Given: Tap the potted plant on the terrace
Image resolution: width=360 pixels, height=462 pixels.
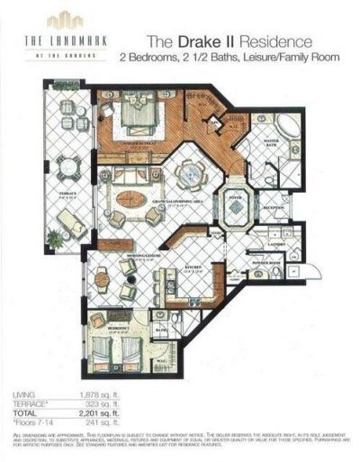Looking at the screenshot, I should click(56, 239).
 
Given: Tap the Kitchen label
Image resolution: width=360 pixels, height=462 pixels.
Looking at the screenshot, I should click(193, 266).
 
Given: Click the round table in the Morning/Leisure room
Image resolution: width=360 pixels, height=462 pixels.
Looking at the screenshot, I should click(101, 278).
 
